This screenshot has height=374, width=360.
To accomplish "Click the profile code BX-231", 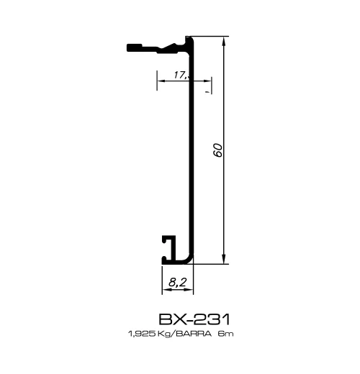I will pos(195,318).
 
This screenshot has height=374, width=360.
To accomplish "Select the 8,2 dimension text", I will pos(175,284).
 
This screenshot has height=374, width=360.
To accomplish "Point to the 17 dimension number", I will pos(179,74).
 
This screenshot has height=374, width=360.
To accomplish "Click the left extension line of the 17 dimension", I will pos(156,81).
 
